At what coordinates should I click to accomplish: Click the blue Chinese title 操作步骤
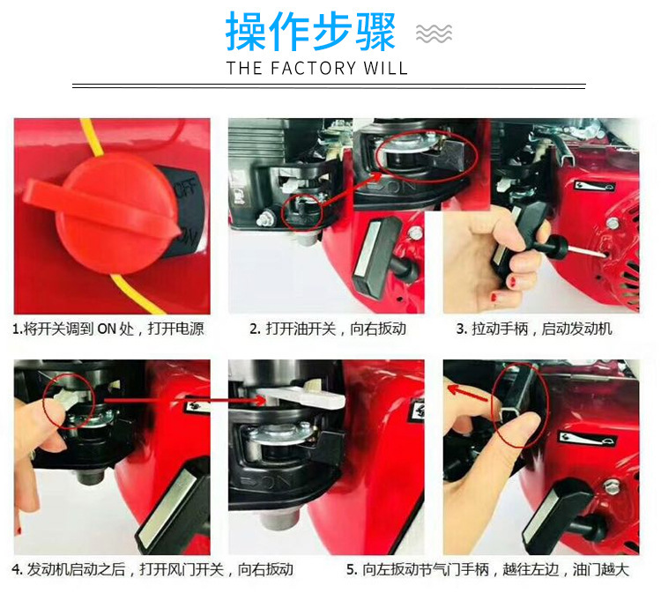tap(311, 32)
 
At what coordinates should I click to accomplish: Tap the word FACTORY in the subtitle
tap(313, 68)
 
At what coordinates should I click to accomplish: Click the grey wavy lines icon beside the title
tap(434, 33)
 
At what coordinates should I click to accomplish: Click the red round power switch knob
tap(106, 214)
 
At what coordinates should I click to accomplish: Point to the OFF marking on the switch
tap(187, 189)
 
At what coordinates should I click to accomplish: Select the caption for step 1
tap(108, 329)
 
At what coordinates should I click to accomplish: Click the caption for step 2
tap(328, 329)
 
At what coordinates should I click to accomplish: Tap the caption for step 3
tap(534, 329)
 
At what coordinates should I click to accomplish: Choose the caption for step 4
tap(152, 570)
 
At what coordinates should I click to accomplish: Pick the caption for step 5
tap(487, 570)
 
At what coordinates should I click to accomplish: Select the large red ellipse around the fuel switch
tap(427, 156)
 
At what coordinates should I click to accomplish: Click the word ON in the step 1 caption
tap(107, 329)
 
